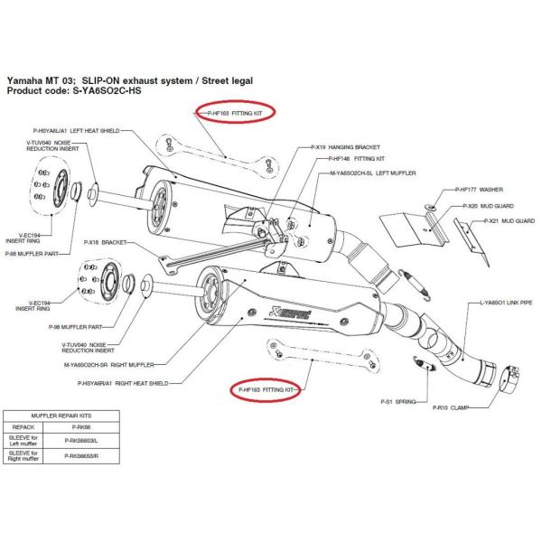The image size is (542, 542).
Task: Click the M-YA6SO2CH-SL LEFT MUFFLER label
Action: pyautogui.click(x=372, y=172)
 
